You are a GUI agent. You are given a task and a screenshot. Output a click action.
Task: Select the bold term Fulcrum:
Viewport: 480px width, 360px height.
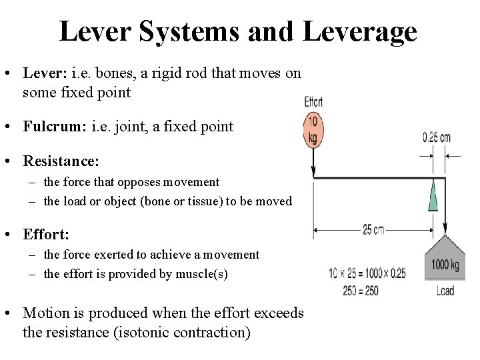[55, 126]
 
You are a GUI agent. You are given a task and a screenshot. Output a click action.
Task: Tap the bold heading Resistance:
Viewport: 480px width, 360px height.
[61, 161]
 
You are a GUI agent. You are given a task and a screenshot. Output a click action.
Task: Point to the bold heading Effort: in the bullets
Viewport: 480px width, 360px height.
[46, 234]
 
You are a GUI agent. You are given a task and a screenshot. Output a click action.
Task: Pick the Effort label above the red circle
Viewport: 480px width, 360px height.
[313, 102]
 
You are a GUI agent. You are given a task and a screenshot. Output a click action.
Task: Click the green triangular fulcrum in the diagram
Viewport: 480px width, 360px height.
[433, 196]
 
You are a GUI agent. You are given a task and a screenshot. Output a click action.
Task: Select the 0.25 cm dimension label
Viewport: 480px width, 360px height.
[437, 138]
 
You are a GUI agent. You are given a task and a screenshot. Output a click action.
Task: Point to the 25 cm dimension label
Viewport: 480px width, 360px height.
[373, 229]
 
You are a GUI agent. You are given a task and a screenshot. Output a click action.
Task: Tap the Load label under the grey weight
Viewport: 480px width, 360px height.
[445, 291]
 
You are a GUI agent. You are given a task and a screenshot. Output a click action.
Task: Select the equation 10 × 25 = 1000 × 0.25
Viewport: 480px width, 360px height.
[367, 273]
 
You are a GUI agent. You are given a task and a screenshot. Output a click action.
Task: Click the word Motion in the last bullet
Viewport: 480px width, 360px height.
[45, 313]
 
